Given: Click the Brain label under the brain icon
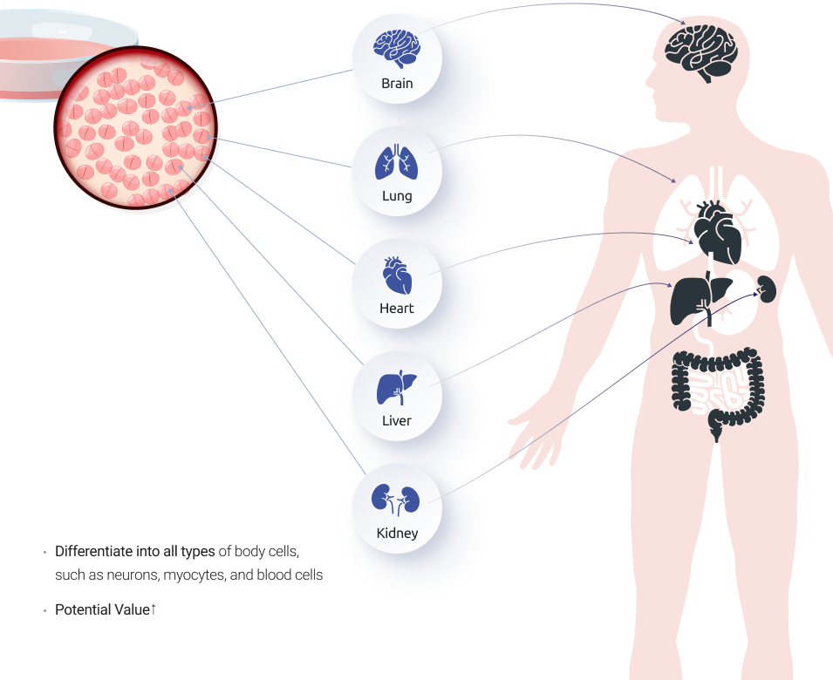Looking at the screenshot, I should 397,84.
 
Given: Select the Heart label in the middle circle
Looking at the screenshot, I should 397,309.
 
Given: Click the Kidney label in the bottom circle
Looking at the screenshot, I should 397,534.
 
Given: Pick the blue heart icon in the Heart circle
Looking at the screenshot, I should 397,275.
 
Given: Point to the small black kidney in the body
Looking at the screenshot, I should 768,288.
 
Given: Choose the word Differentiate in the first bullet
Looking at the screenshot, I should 94,552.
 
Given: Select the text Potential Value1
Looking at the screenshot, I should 106,610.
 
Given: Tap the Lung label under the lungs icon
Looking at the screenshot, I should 397,196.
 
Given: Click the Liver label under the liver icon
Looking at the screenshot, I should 397,421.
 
